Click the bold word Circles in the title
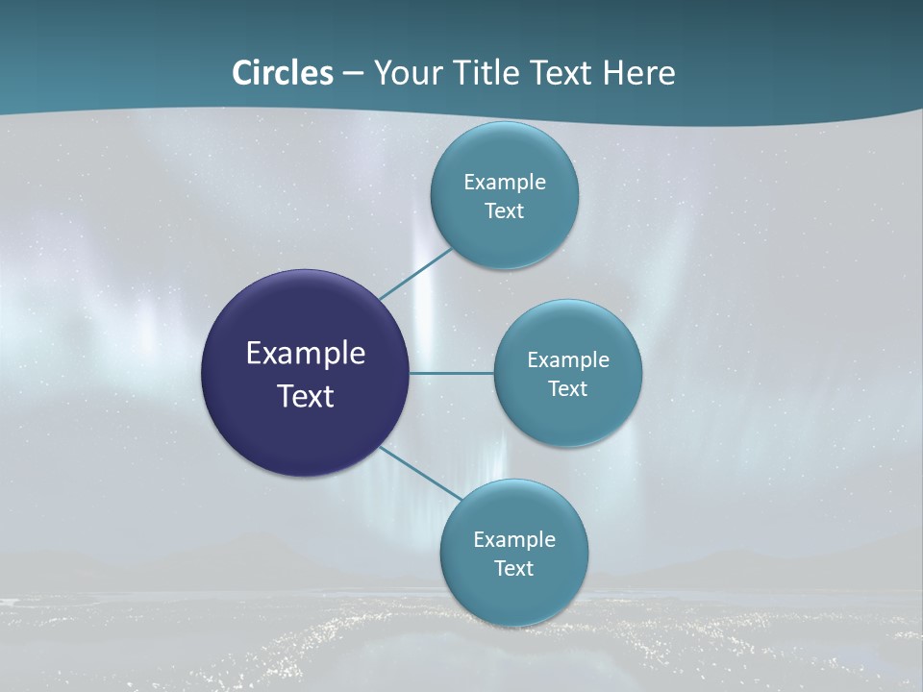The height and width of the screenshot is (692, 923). pos(283,73)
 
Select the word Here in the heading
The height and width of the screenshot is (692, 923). pos(638,73)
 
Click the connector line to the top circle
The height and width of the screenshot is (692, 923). pos(415,274)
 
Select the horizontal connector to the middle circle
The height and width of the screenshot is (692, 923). pos(451,373)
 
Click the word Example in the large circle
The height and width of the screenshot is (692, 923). pos(306,354)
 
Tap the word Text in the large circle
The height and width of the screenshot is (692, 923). pos(306,396)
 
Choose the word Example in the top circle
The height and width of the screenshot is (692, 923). pos(505,182)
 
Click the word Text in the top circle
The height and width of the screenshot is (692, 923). pos(505,210)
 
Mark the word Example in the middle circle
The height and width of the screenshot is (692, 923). pos(568,359)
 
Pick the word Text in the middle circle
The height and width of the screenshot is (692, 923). pos(568,388)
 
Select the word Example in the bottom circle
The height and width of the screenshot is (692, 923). pos(514,539)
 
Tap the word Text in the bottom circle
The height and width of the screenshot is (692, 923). pos(514,568)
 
